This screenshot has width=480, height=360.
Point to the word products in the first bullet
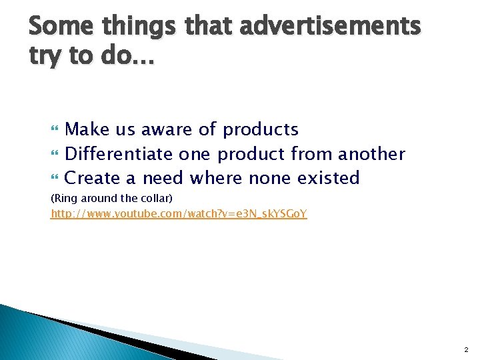tap(261, 129)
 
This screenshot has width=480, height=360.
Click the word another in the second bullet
tap(371, 154)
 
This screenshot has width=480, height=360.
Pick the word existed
tap(328, 178)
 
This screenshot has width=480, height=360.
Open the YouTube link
tap(179, 215)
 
